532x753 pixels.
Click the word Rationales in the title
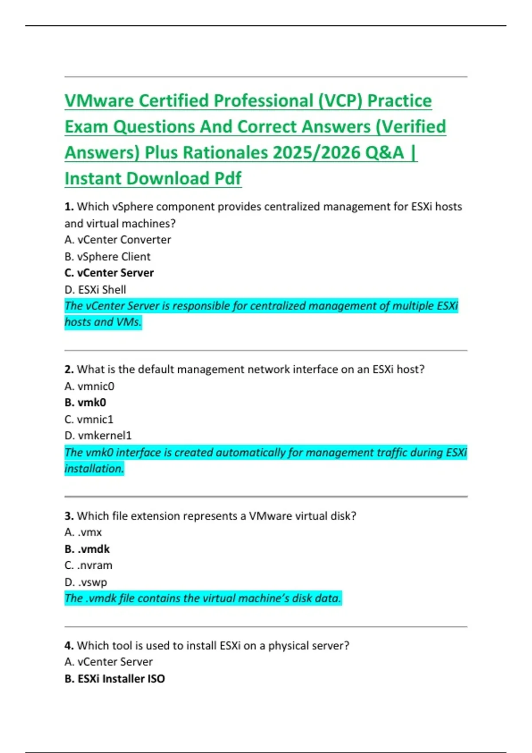(x=225, y=153)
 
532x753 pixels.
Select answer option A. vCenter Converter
(x=117, y=240)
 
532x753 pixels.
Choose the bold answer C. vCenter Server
(x=109, y=273)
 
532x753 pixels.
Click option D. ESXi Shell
(x=95, y=290)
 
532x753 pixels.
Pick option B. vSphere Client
(x=107, y=256)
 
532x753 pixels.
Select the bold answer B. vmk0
(x=85, y=403)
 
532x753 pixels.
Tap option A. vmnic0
(x=89, y=386)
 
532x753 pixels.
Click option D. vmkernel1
(x=98, y=436)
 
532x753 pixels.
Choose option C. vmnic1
(x=89, y=419)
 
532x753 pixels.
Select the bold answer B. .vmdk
(x=87, y=549)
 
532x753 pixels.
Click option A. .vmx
(x=83, y=532)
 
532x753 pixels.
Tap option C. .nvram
(x=88, y=566)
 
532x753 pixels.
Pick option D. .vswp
(x=86, y=582)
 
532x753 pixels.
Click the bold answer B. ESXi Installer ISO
(x=114, y=679)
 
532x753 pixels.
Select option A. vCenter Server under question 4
(x=108, y=662)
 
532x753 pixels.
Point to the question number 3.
(x=69, y=516)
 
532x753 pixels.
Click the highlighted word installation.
(x=94, y=469)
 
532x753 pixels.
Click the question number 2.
(x=69, y=369)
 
